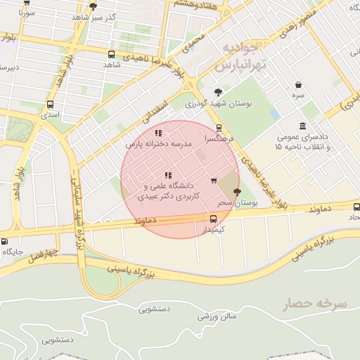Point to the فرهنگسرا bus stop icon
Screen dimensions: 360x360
219,128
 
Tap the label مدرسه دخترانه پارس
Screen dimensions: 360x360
158,143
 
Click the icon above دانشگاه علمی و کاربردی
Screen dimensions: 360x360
167,175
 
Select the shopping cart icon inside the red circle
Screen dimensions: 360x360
214,181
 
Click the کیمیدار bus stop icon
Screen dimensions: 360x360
214,219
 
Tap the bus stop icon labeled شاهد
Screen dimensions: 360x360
111,54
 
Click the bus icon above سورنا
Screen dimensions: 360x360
27,3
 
